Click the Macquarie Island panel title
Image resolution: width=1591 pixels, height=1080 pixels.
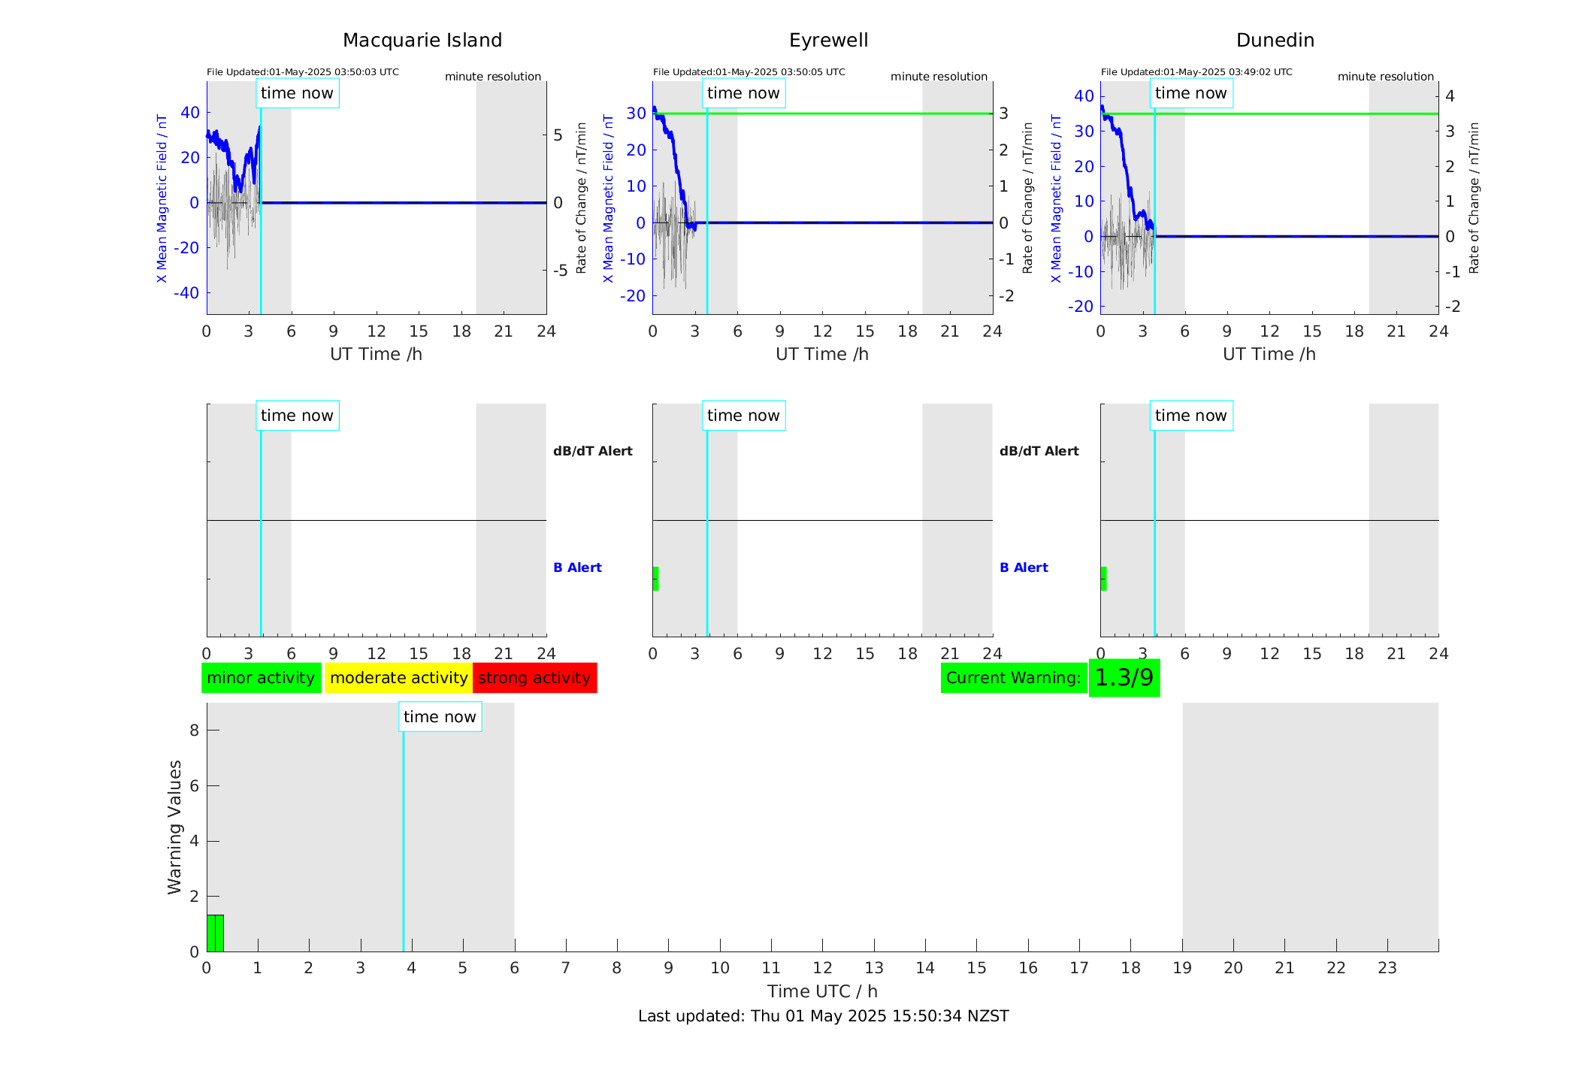coord(422,41)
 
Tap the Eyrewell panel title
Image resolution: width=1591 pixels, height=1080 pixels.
coord(828,41)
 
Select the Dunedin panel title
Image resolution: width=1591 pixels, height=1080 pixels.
coord(1275,41)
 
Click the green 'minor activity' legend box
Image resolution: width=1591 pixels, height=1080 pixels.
coord(261,678)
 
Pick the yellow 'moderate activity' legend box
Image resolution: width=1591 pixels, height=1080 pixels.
coord(398,678)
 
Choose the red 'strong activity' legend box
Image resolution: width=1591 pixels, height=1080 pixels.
coord(534,678)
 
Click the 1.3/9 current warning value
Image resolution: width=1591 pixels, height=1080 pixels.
coord(1124,678)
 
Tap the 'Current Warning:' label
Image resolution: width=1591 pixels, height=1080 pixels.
coord(1013,678)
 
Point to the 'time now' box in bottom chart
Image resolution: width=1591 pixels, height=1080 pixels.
coord(440,717)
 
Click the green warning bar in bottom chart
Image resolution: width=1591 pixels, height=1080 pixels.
coord(215,933)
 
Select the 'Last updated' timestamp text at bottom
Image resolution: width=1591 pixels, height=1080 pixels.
coord(823,1016)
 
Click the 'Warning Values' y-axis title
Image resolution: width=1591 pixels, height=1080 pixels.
coord(175,827)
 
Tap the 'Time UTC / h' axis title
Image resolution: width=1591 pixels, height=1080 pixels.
coord(822,991)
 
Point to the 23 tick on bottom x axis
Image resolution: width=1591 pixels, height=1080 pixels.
coord(1387,968)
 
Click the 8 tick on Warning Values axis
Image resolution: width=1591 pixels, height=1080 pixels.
coord(194,731)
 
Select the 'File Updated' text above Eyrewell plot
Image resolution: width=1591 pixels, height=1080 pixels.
coord(749,72)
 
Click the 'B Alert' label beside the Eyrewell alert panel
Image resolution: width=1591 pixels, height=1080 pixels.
coord(1024,567)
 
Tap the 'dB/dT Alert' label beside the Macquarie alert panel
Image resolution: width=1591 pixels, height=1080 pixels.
coord(592,451)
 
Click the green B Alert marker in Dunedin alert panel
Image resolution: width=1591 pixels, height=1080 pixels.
coord(1103,579)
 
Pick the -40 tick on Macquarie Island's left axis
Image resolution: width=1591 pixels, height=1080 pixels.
coord(186,292)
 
